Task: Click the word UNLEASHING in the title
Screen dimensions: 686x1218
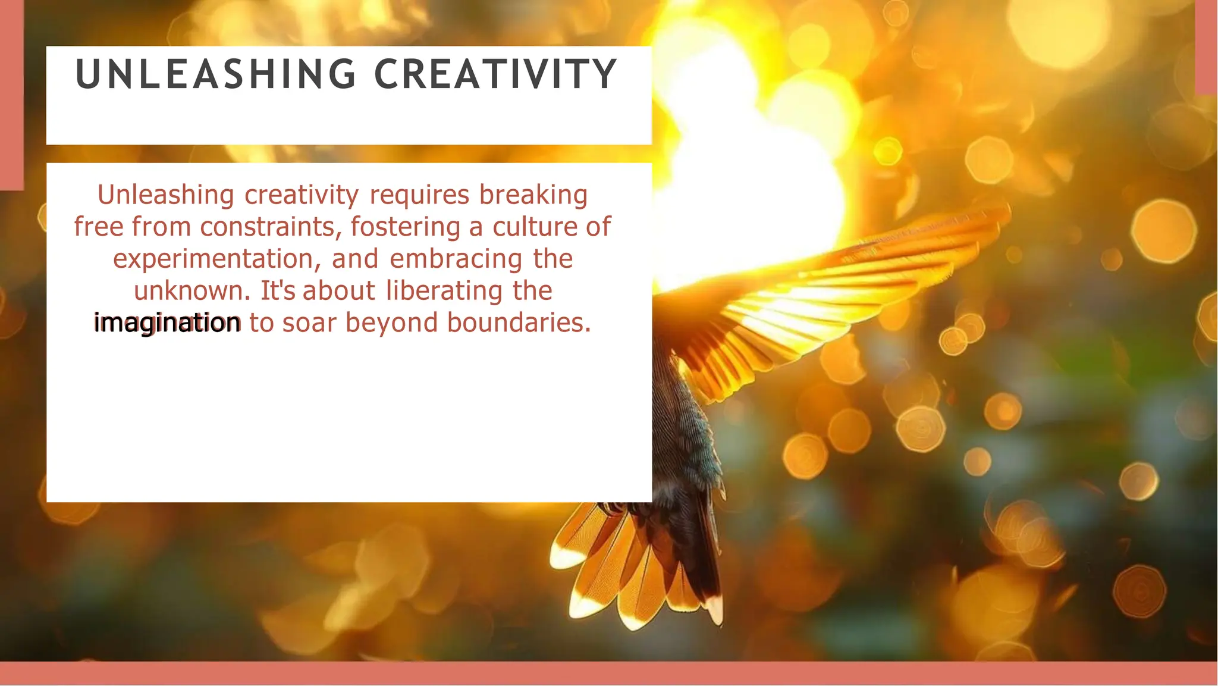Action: (216, 75)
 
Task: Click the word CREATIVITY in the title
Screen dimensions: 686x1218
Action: (495, 75)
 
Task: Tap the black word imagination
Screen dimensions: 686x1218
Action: (168, 323)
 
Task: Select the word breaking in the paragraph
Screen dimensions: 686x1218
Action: (533, 195)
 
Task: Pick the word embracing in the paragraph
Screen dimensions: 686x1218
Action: (456, 259)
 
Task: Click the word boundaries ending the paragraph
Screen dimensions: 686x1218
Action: (519, 323)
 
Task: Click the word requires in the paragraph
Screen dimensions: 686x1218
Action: (419, 195)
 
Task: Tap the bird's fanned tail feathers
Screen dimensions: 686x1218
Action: (630, 565)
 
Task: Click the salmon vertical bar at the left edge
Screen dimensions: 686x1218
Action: (11, 95)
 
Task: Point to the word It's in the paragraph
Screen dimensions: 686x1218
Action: (278, 291)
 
